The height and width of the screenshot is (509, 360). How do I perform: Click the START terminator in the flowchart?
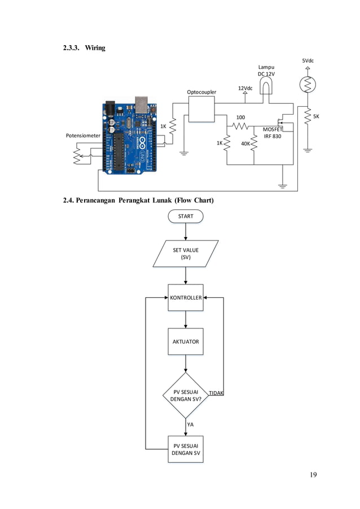tap(186, 216)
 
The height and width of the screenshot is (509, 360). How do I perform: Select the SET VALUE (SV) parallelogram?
tap(186, 253)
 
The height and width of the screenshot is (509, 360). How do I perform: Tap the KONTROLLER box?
tap(186, 297)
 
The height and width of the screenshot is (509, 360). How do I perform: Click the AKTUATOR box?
tap(186, 341)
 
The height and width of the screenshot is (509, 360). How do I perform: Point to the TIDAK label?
tap(216, 393)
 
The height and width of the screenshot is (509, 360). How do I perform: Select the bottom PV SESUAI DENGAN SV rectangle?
tap(186, 449)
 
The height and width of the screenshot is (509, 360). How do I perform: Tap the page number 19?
tap(313, 475)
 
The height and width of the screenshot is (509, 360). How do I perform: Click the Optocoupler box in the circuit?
tap(201, 108)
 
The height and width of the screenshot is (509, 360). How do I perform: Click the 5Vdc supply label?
tap(308, 61)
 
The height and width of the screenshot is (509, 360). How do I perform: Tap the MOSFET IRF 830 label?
tap(273, 133)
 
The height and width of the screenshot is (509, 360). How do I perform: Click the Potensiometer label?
tap(83, 136)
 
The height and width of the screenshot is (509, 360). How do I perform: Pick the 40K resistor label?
tap(245, 144)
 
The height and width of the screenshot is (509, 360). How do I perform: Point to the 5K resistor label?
tap(316, 117)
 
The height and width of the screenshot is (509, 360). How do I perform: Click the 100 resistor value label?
tap(240, 117)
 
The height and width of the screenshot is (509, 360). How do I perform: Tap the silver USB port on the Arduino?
tap(141, 104)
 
